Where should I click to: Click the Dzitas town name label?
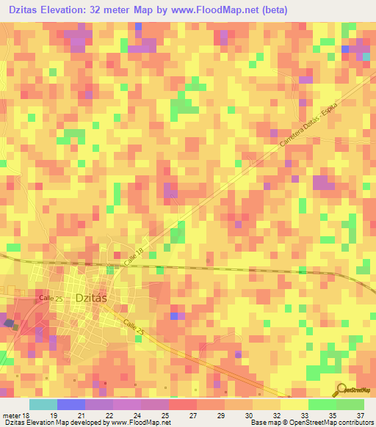click(91, 297)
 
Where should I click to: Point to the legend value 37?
click(350, 415)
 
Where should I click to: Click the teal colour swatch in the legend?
click(43, 404)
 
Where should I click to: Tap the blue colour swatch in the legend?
click(71, 404)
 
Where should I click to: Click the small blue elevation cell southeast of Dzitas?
click(174, 316)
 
